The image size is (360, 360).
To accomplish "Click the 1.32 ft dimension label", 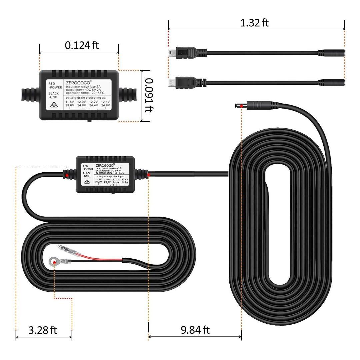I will click(x=254, y=23).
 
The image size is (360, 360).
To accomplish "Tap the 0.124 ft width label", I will click(x=82, y=45).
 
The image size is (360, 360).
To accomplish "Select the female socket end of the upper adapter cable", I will click(x=331, y=53).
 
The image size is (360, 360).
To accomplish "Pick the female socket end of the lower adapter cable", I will click(x=331, y=82).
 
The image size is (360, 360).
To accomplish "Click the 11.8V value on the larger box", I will click(x=69, y=101).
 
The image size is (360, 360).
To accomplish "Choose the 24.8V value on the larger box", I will click(x=106, y=105).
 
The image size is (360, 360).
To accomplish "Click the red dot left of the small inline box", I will click(x=67, y=175).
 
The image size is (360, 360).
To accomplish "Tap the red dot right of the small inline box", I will click(x=149, y=174).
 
